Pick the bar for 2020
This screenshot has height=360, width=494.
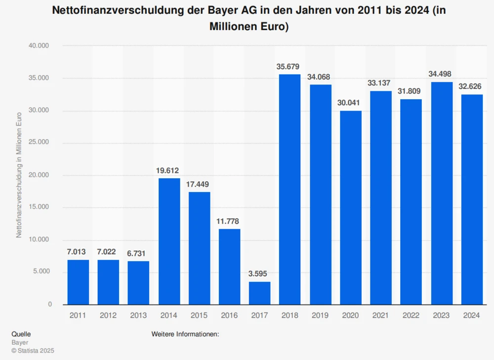click(350, 207)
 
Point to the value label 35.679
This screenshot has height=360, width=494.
click(289, 67)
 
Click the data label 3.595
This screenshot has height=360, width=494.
click(259, 274)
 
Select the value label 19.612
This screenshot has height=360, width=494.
click(169, 170)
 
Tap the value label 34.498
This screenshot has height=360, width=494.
click(441, 74)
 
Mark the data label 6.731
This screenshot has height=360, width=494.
click(138, 253)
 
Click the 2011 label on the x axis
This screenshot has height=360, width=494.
click(78, 315)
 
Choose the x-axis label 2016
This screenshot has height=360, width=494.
click(229, 315)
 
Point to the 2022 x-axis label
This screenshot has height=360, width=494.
click(411, 315)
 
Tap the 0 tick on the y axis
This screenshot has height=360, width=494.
click(50, 304)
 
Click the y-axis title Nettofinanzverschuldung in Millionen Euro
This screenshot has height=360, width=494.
click(19, 175)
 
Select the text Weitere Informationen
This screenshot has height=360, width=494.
click(185, 334)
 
